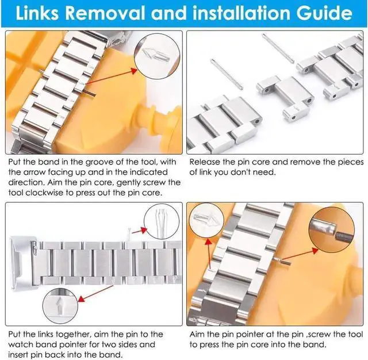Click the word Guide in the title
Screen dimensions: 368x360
324,13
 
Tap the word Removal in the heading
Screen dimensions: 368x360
105,13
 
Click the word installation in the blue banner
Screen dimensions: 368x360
241,13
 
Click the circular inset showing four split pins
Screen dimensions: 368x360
161,221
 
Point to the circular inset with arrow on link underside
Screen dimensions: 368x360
60,306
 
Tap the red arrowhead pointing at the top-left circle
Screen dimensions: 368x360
133,70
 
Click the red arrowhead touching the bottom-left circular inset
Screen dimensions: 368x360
81,298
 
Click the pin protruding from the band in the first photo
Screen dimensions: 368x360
91,93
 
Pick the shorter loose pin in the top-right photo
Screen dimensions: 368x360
227,74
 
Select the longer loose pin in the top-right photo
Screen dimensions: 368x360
278,48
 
